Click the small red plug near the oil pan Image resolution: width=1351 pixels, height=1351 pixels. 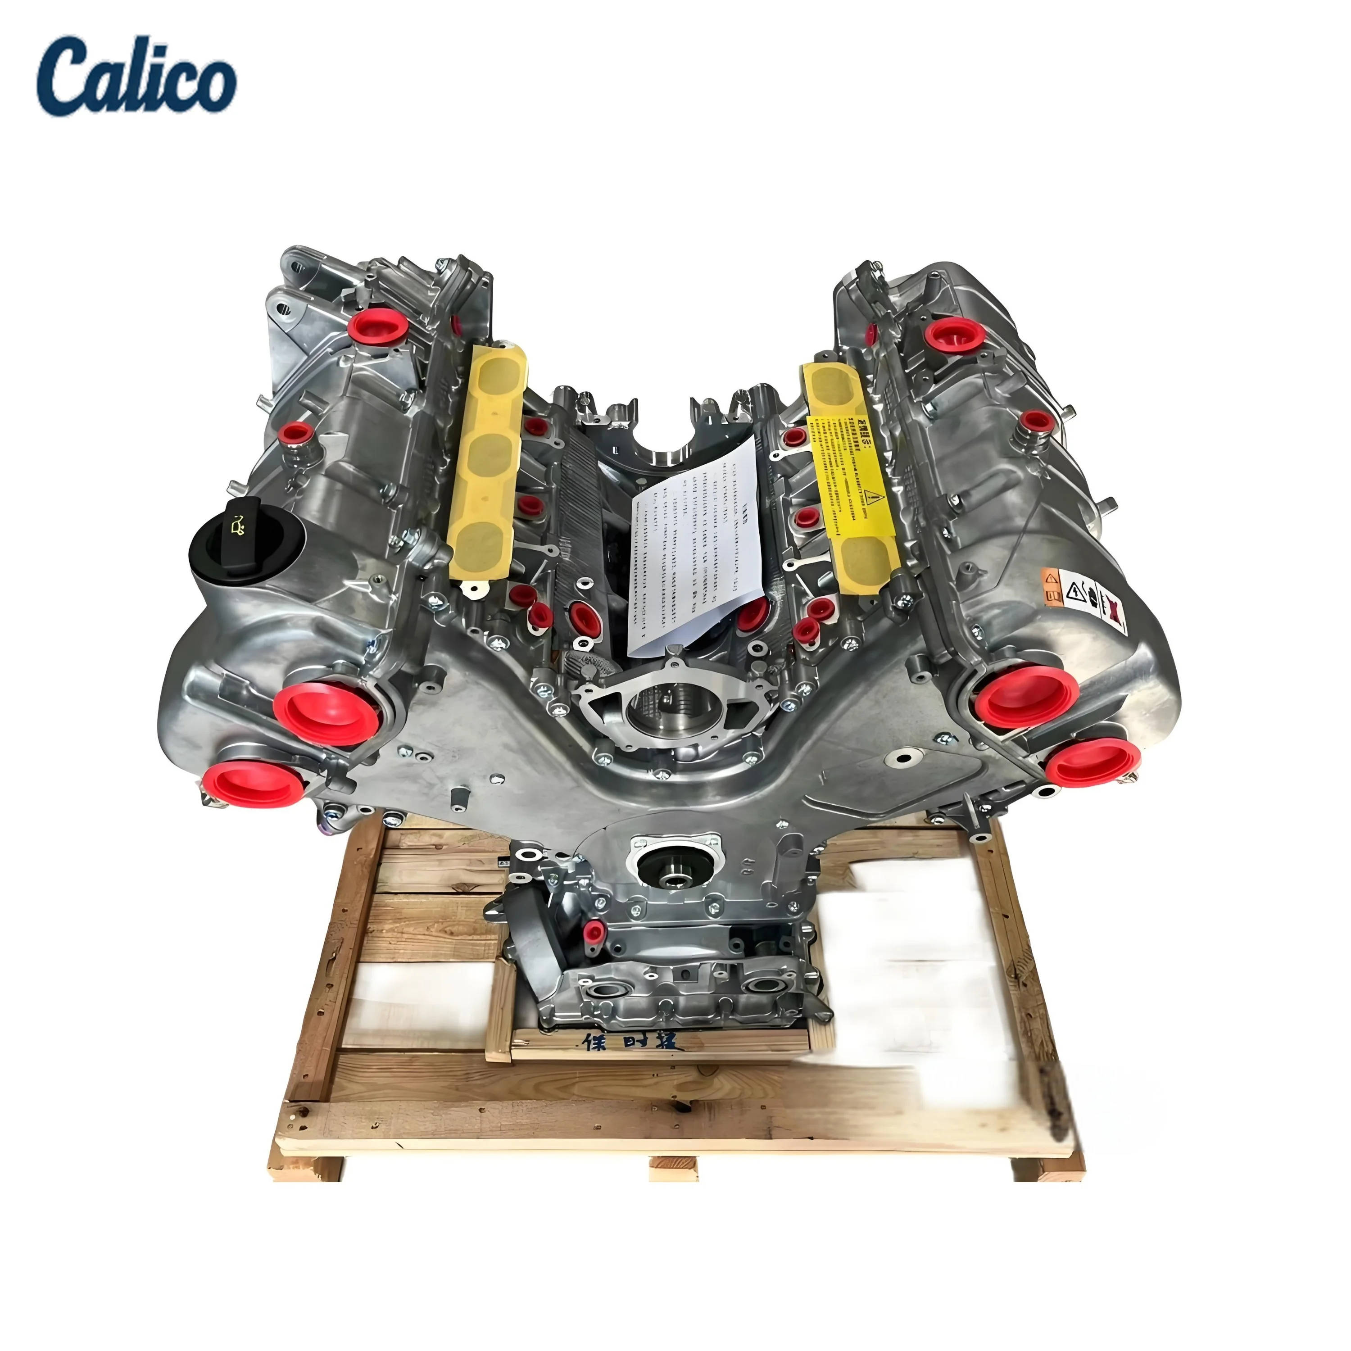pyautogui.click(x=594, y=929)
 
